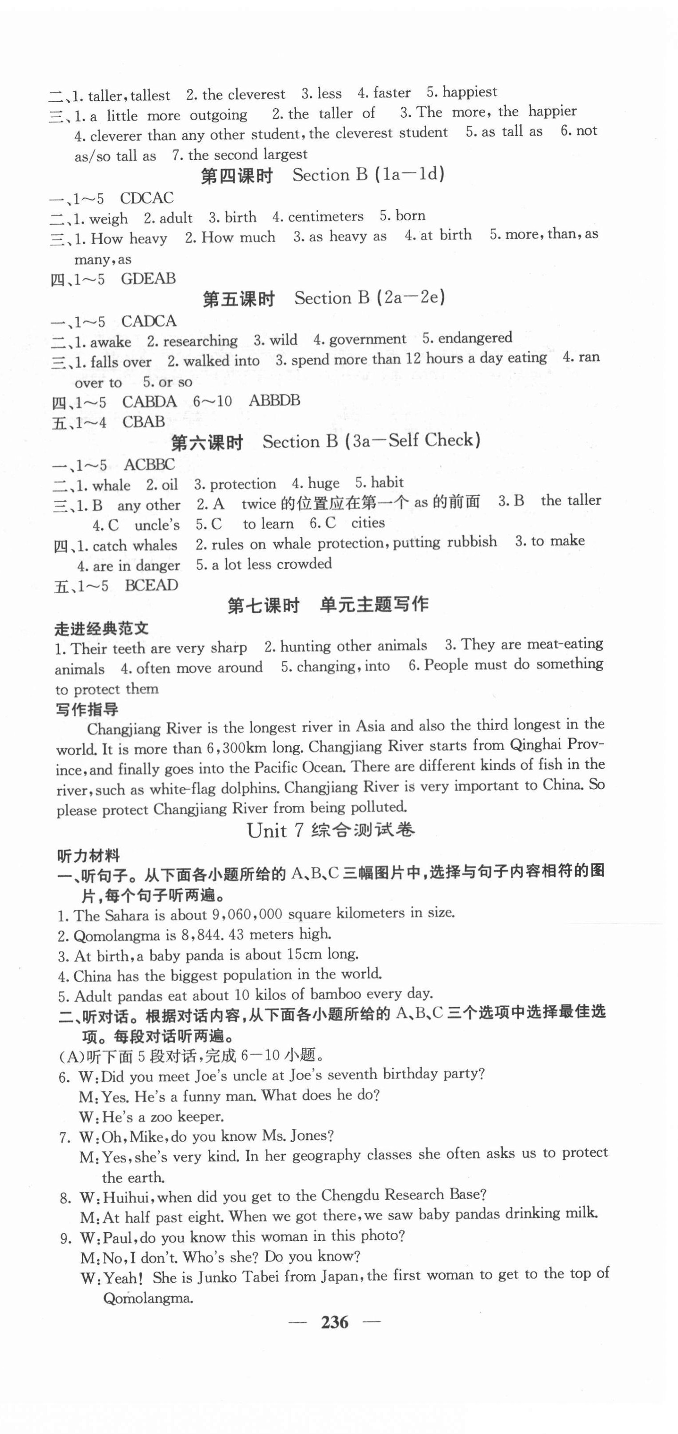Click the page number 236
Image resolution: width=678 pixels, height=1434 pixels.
pyautogui.click(x=334, y=1322)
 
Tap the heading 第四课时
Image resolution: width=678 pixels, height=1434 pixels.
pyautogui.click(x=236, y=176)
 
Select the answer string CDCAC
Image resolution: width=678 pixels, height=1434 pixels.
pyautogui.click(x=146, y=198)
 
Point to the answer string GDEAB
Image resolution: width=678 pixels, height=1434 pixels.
pyautogui.click(x=148, y=278)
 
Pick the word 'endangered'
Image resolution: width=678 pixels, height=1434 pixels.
pyautogui.click(x=475, y=337)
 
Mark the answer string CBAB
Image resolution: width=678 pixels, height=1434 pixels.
pyautogui.click(x=144, y=422)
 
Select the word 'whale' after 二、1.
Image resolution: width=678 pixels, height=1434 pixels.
pyautogui.click(x=112, y=485)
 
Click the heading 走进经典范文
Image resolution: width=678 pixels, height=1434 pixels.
pyautogui.click(x=102, y=629)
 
